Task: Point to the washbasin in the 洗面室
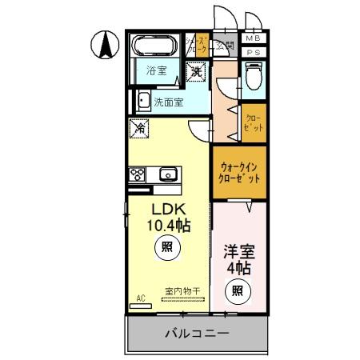[x=142, y=101]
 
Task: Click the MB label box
[x=254, y=38]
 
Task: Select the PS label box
[x=254, y=52]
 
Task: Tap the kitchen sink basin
[x=168, y=174]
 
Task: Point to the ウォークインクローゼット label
[x=239, y=174]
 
